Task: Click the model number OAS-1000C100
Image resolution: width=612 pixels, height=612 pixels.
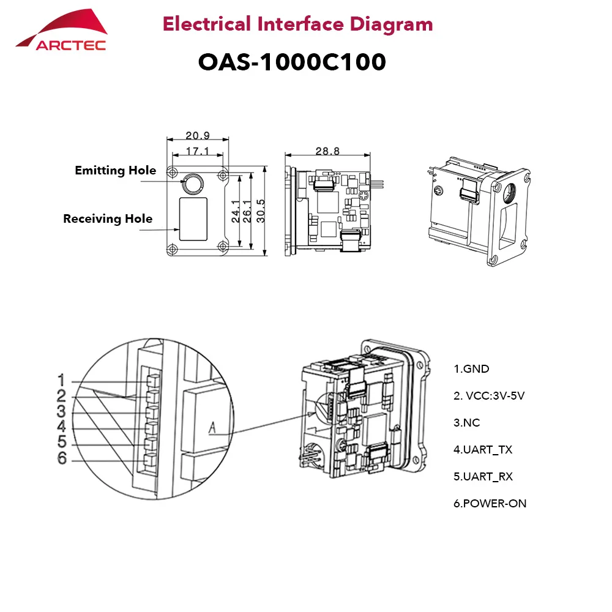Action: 292,62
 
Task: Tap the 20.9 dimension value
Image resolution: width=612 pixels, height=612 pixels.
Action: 198,135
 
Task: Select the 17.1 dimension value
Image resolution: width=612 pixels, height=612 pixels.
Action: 198,151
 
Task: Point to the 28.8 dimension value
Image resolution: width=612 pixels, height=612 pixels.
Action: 327,151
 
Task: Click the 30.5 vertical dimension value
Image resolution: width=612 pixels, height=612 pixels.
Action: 261,211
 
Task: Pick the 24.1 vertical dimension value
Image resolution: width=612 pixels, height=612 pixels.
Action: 236,211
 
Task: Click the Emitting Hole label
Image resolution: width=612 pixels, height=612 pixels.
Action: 116,171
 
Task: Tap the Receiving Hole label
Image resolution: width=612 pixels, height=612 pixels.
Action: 108,218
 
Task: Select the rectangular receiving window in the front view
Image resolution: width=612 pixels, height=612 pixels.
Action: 193,219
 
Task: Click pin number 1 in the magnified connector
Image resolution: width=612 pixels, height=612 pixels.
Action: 61,380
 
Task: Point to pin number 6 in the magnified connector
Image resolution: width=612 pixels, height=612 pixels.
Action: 62,458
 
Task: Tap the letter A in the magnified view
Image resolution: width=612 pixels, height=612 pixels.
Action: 212,428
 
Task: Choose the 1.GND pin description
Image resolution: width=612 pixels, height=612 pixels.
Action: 471,369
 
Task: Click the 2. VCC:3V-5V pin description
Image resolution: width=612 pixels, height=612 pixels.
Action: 489,396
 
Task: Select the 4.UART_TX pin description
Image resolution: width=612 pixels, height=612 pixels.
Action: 483,450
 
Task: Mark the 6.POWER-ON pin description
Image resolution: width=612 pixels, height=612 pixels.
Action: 490,504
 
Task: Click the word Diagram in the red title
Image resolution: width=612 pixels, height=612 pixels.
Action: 391,25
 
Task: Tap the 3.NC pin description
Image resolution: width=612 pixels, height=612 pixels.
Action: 467,423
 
